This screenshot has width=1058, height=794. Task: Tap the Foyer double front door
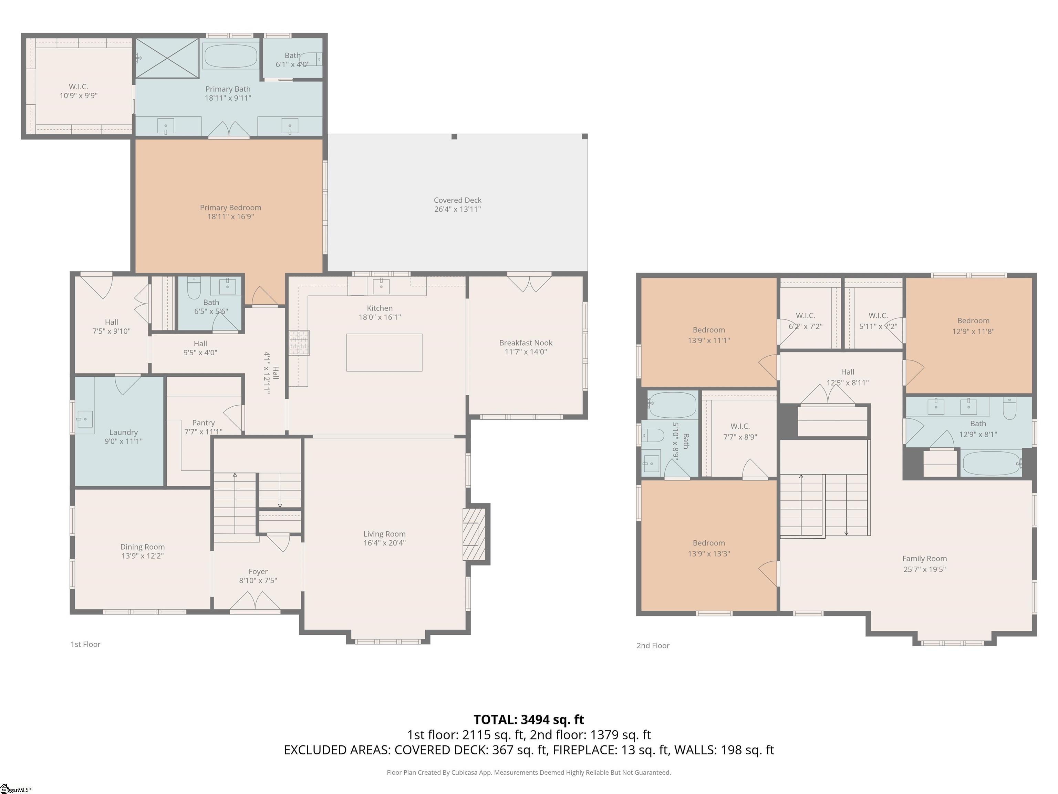pos(256,603)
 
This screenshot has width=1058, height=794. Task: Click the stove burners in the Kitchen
pos(299,343)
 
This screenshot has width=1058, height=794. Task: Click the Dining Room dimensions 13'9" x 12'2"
pos(143,556)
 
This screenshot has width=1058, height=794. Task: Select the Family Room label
pos(924,559)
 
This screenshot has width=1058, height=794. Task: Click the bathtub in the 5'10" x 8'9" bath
pos(672,405)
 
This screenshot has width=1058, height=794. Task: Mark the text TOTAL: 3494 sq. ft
pos(529,719)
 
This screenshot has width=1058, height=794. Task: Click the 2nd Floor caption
pos(653,645)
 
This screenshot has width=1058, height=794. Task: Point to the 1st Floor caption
pos(86,644)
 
